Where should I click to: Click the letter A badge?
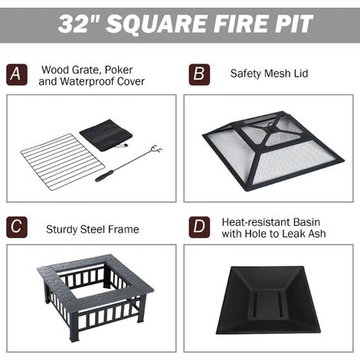click(x=17, y=74)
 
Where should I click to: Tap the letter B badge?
click(x=199, y=74)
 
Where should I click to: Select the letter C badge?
click(x=17, y=227)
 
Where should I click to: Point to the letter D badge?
click(x=199, y=227)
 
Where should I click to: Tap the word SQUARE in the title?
click(x=156, y=25)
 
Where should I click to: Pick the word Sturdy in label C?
click(x=61, y=229)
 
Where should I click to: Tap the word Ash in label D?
click(x=317, y=234)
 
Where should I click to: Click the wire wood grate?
click(x=63, y=162)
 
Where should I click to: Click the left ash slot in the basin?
click(x=256, y=304)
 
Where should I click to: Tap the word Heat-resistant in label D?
click(x=255, y=222)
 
